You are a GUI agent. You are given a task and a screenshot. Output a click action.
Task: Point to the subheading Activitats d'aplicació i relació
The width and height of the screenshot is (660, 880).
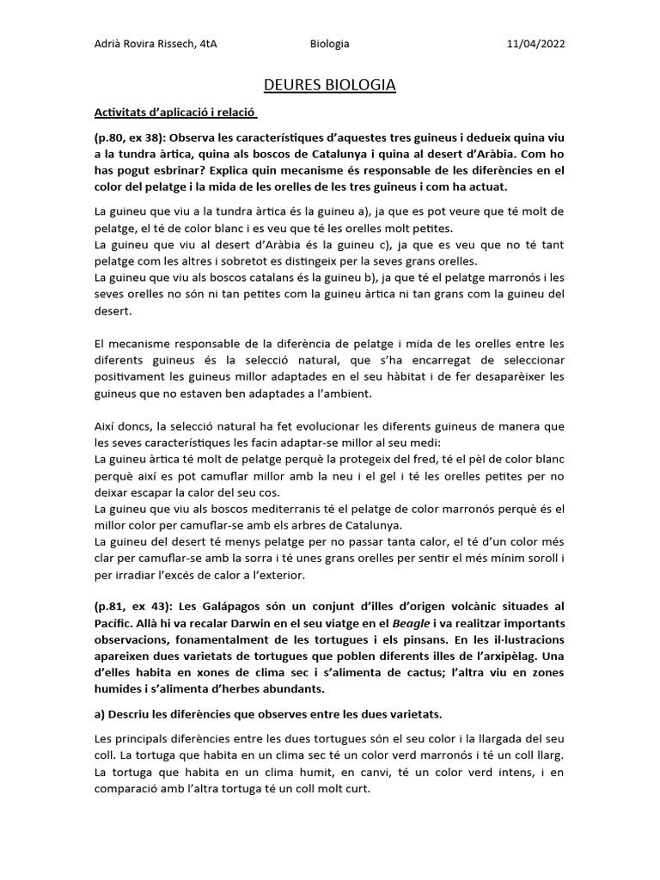pyautogui.click(x=176, y=113)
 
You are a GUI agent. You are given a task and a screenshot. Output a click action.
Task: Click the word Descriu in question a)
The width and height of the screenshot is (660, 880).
pyautogui.click(x=130, y=715)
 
